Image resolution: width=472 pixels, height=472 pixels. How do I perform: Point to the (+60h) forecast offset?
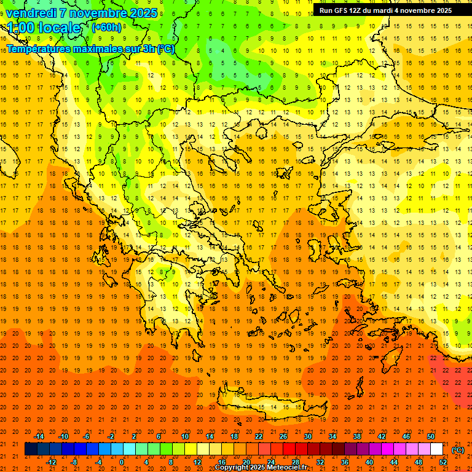point(106,28)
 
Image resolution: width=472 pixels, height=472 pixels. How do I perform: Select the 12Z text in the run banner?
point(360,10)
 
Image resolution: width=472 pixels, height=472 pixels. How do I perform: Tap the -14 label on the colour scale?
point(39,436)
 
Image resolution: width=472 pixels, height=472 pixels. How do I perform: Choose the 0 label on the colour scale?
point(122,462)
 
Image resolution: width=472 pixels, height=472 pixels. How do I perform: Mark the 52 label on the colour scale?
point(443,462)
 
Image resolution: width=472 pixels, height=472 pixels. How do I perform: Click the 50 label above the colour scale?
point(431,436)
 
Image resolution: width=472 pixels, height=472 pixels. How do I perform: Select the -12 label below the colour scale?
point(51,462)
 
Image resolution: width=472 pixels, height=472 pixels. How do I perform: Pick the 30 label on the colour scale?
point(307,436)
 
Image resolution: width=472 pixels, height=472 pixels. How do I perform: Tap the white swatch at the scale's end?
point(436,449)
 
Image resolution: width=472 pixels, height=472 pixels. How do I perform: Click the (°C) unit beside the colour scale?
point(458,450)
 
